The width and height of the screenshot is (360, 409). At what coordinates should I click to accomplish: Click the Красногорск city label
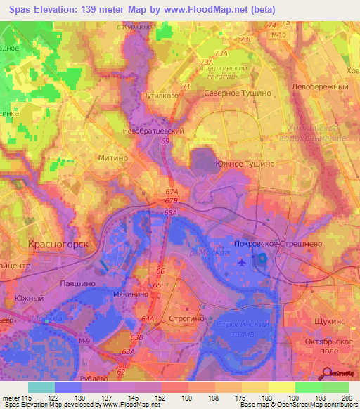point(58,245)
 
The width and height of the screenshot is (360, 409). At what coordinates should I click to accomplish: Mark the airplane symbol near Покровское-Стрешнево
point(243,262)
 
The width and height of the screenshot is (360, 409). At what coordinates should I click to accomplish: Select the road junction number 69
point(165,141)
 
